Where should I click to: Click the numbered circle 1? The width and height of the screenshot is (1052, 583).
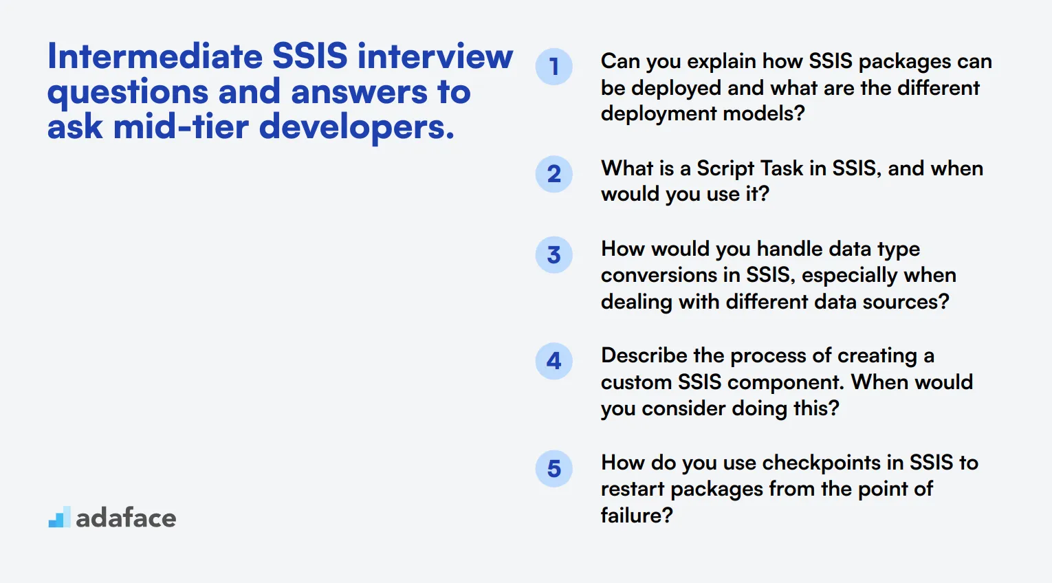click(x=554, y=67)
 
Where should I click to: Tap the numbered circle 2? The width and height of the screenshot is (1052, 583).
click(x=554, y=174)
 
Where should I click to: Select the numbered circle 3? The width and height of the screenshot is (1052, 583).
click(x=554, y=255)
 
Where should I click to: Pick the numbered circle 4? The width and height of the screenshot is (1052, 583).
click(x=554, y=361)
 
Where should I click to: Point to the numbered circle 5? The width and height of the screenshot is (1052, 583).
click(x=554, y=469)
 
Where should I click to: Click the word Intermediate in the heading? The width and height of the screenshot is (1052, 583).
click(x=154, y=56)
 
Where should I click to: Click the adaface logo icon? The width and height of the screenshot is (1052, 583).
click(x=59, y=518)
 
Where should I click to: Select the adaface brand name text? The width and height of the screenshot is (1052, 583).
click(x=126, y=518)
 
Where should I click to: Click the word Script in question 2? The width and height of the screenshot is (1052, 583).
click(x=725, y=168)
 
